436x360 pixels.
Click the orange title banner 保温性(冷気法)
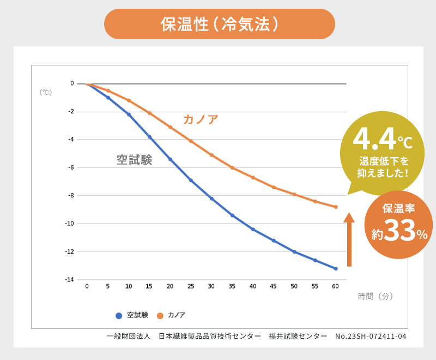pyautogui.click(x=219, y=24)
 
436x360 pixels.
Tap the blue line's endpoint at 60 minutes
pyautogui.click(x=336, y=268)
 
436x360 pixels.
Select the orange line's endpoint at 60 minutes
pyautogui.click(x=336, y=207)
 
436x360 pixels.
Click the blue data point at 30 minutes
pyautogui.click(x=211, y=199)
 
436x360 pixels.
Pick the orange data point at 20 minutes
pyautogui.click(x=170, y=127)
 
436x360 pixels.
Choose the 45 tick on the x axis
pyautogui.click(x=274, y=286)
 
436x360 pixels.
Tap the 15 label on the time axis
pyautogui.click(x=149, y=286)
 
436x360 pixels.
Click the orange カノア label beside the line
pyautogui.click(x=201, y=119)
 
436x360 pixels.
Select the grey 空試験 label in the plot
pyautogui.click(x=134, y=160)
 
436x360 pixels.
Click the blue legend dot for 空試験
pyautogui.click(x=118, y=315)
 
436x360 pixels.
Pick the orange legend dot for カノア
pyautogui.click(x=160, y=315)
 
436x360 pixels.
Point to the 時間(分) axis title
pyautogui.click(x=376, y=296)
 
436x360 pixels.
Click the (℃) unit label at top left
pyautogui.click(x=45, y=92)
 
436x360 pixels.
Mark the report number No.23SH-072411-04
pyautogui.click(x=371, y=336)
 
